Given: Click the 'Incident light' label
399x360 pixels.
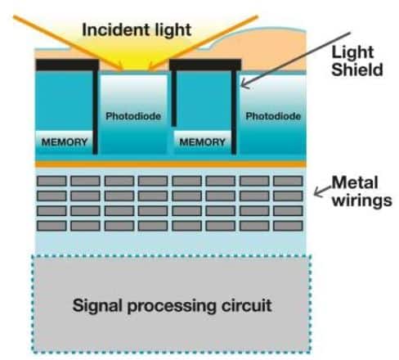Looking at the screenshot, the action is click(x=137, y=29).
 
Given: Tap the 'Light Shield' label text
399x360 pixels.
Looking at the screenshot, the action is click(x=357, y=61).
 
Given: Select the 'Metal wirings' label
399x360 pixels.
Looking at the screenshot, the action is click(x=362, y=191).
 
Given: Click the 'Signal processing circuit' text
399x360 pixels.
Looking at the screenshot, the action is click(x=172, y=305).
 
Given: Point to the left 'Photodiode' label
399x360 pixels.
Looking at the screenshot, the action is click(x=133, y=116).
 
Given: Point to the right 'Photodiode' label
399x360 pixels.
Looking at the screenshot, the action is click(x=273, y=116).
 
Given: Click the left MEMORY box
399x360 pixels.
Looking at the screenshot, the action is click(x=64, y=142).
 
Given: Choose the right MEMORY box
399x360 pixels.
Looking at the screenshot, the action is click(x=202, y=142).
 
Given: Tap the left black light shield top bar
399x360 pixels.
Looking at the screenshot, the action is click(x=67, y=65).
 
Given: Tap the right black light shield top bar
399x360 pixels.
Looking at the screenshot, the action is click(x=205, y=65).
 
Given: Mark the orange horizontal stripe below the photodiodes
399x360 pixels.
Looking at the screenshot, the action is click(x=171, y=164).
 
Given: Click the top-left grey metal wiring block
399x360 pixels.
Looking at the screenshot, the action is click(x=52, y=181).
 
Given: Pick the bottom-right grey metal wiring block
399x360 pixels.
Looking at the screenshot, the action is click(x=288, y=226).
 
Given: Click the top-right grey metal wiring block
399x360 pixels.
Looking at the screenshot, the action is click(x=288, y=181).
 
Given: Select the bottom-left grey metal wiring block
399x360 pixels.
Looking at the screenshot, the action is click(x=52, y=226).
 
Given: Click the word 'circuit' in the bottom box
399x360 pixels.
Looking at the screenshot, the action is click(x=247, y=305).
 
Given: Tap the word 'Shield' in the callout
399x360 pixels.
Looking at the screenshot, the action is click(x=357, y=70).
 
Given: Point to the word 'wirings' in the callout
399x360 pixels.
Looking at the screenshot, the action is click(x=362, y=201).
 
